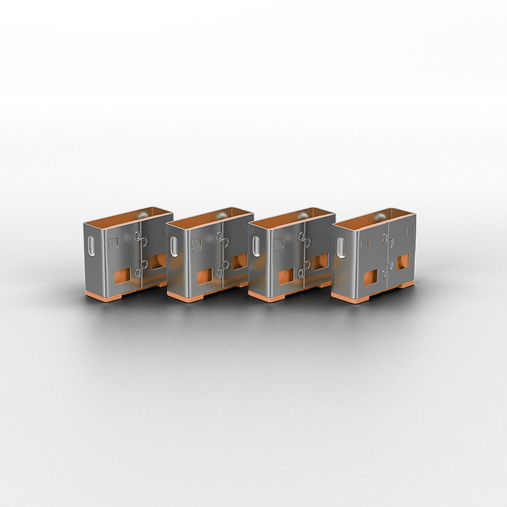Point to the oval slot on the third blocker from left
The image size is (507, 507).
(x=256, y=247)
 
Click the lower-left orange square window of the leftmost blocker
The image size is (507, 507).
(x=122, y=277)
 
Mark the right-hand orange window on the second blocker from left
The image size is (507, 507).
(x=240, y=261)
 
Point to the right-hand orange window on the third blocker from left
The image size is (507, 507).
(x=321, y=262)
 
